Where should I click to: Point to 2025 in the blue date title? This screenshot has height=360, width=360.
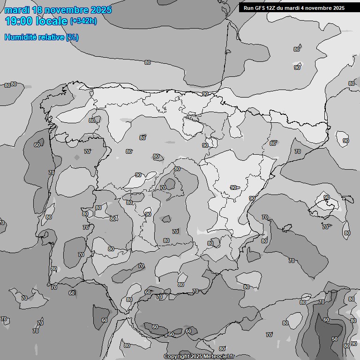[x=101, y=10]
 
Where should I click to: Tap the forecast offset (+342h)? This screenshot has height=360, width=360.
[x=83, y=21]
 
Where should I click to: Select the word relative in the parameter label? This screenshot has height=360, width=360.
[x=51, y=37]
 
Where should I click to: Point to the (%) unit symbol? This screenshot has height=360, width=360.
[x=72, y=37]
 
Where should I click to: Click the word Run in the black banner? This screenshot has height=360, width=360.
[x=249, y=8]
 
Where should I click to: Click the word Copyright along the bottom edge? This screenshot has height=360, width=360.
[x=176, y=356]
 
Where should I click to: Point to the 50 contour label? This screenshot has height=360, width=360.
[x=334, y=338]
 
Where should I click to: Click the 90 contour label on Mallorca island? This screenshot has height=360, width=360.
[x=326, y=197]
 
